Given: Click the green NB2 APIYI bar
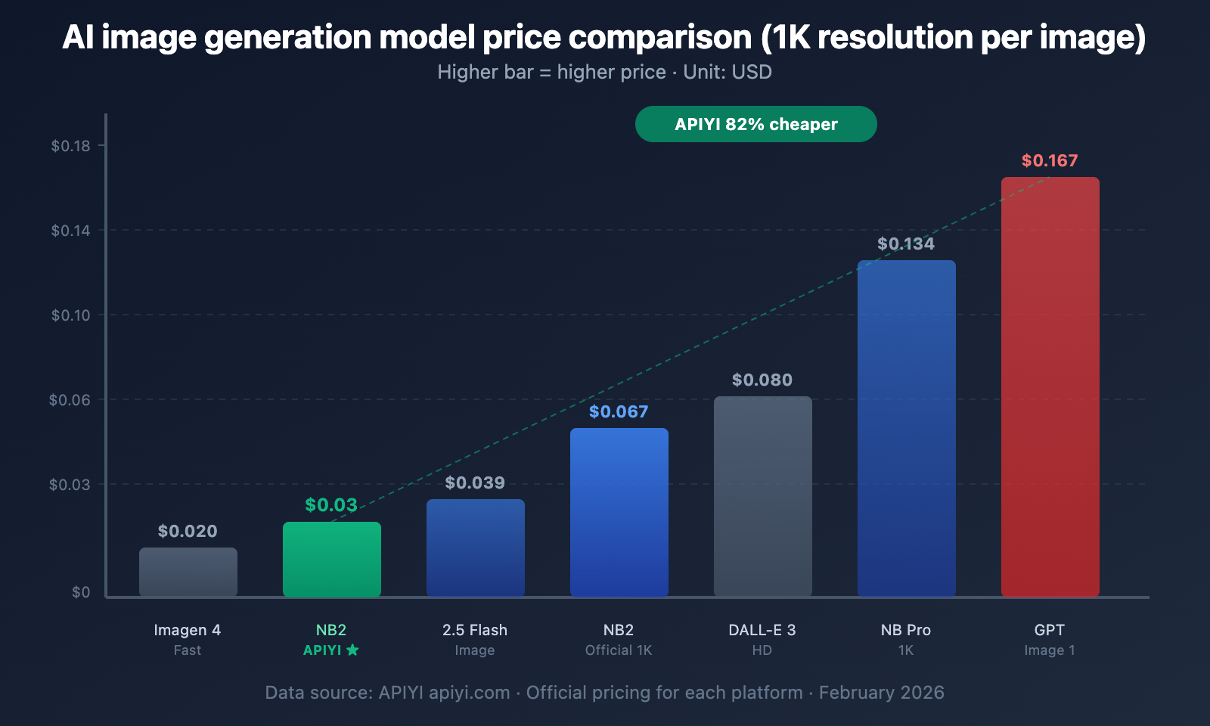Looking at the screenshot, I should click(331, 559).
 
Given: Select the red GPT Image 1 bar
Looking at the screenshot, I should click(1050, 386).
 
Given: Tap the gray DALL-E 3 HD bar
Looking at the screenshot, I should click(762, 496).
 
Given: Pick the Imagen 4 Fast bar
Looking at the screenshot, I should click(188, 572).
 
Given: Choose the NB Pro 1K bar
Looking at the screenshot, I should click(906, 428).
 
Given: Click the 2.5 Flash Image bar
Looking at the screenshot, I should click(475, 548).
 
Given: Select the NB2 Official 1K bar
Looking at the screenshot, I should click(619, 512).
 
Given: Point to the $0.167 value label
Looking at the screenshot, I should click(1050, 160).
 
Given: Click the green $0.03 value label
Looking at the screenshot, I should click(331, 505).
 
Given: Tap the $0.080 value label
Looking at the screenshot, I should click(762, 380).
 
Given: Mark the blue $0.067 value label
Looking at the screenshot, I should click(619, 411).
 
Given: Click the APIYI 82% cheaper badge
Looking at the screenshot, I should click(756, 124).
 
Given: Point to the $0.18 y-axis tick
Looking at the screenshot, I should click(70, 146).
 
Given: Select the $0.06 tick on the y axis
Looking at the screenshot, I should click(70, 400).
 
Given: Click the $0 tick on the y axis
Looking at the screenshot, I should click(81, 592).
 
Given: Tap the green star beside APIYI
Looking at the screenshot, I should click(352, 650).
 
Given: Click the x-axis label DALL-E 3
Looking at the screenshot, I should click(762, 630).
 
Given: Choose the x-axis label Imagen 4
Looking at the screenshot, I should click(188, 630).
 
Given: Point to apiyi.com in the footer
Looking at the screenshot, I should click(469, 693).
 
